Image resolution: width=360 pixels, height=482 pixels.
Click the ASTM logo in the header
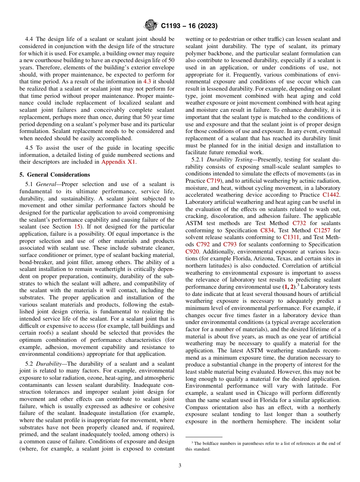(x=150, y=26)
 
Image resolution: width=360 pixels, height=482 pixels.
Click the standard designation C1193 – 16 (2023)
(x=189, y=26)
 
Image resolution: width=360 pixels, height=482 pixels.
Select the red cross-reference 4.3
(x=147, y=81)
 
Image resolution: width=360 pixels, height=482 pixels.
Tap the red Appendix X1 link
(x=118, y=162)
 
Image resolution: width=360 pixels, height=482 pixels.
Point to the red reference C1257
(x=323, y=230)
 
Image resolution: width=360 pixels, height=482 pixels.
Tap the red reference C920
(x=193, y=252)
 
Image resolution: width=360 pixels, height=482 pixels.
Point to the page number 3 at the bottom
(x=180, y=466)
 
